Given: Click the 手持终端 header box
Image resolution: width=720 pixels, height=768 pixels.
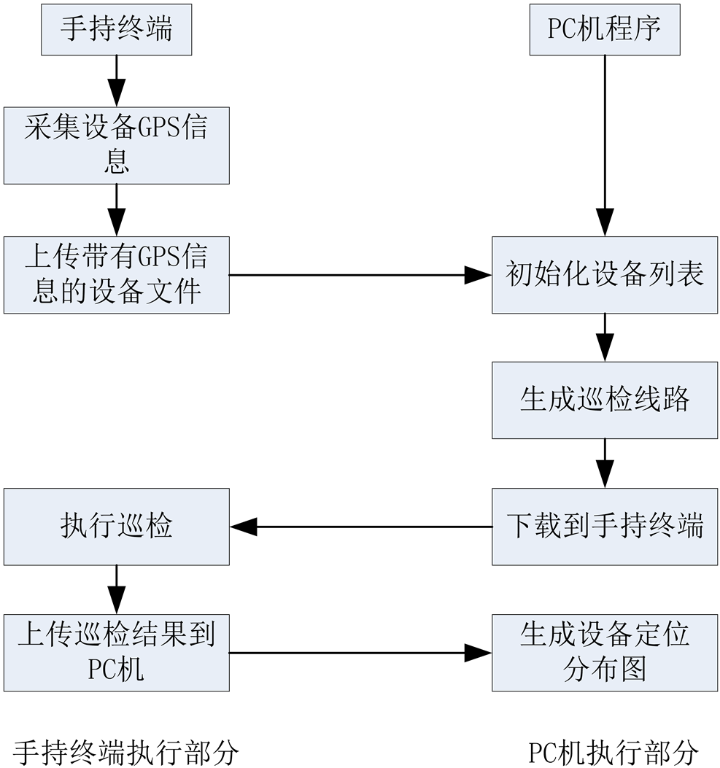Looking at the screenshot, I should pyautogui.click(x=116, y=30).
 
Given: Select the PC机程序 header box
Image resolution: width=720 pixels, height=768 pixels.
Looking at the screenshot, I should pyautogui.click(x=604, y=30).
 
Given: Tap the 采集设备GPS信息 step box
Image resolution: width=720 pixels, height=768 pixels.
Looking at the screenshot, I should pyautogui.click(x=116, y=145).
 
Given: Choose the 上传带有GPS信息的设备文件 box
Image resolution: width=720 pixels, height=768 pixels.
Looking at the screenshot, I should pyautogui.click(x=116, y=275).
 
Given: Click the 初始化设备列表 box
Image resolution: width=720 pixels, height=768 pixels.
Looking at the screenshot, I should pyautogui.click(x=604, y=275).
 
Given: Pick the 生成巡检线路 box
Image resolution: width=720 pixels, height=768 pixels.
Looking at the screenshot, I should pyautogui.click(x=604, y=400).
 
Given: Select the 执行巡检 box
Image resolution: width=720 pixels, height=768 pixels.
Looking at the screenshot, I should pyautogui.click(x=116, y=526).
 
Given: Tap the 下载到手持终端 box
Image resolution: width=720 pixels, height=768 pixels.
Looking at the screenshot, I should pyautogui.click(x=604, y=526).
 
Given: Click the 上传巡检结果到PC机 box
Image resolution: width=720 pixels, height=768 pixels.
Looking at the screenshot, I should pyautogui.click(x=116, y=652).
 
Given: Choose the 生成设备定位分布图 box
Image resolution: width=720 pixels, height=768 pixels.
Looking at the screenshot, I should pyautogui.click(x=604, y=652).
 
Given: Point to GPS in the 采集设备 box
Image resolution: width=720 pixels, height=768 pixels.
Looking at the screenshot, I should pyautogui.click(x=159, y=128).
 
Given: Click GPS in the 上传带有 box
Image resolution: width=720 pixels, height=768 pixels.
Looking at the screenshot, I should pyautogui.click(x=159, y=257).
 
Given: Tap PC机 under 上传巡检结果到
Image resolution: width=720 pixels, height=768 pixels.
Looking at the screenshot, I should pyautogui.click(x=116, y=670).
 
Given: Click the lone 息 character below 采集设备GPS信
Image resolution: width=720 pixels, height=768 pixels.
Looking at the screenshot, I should pyautogui.click(x=116, y=162).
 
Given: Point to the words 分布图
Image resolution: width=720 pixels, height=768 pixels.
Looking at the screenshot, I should pyautogui.click(x=604, y=670).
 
